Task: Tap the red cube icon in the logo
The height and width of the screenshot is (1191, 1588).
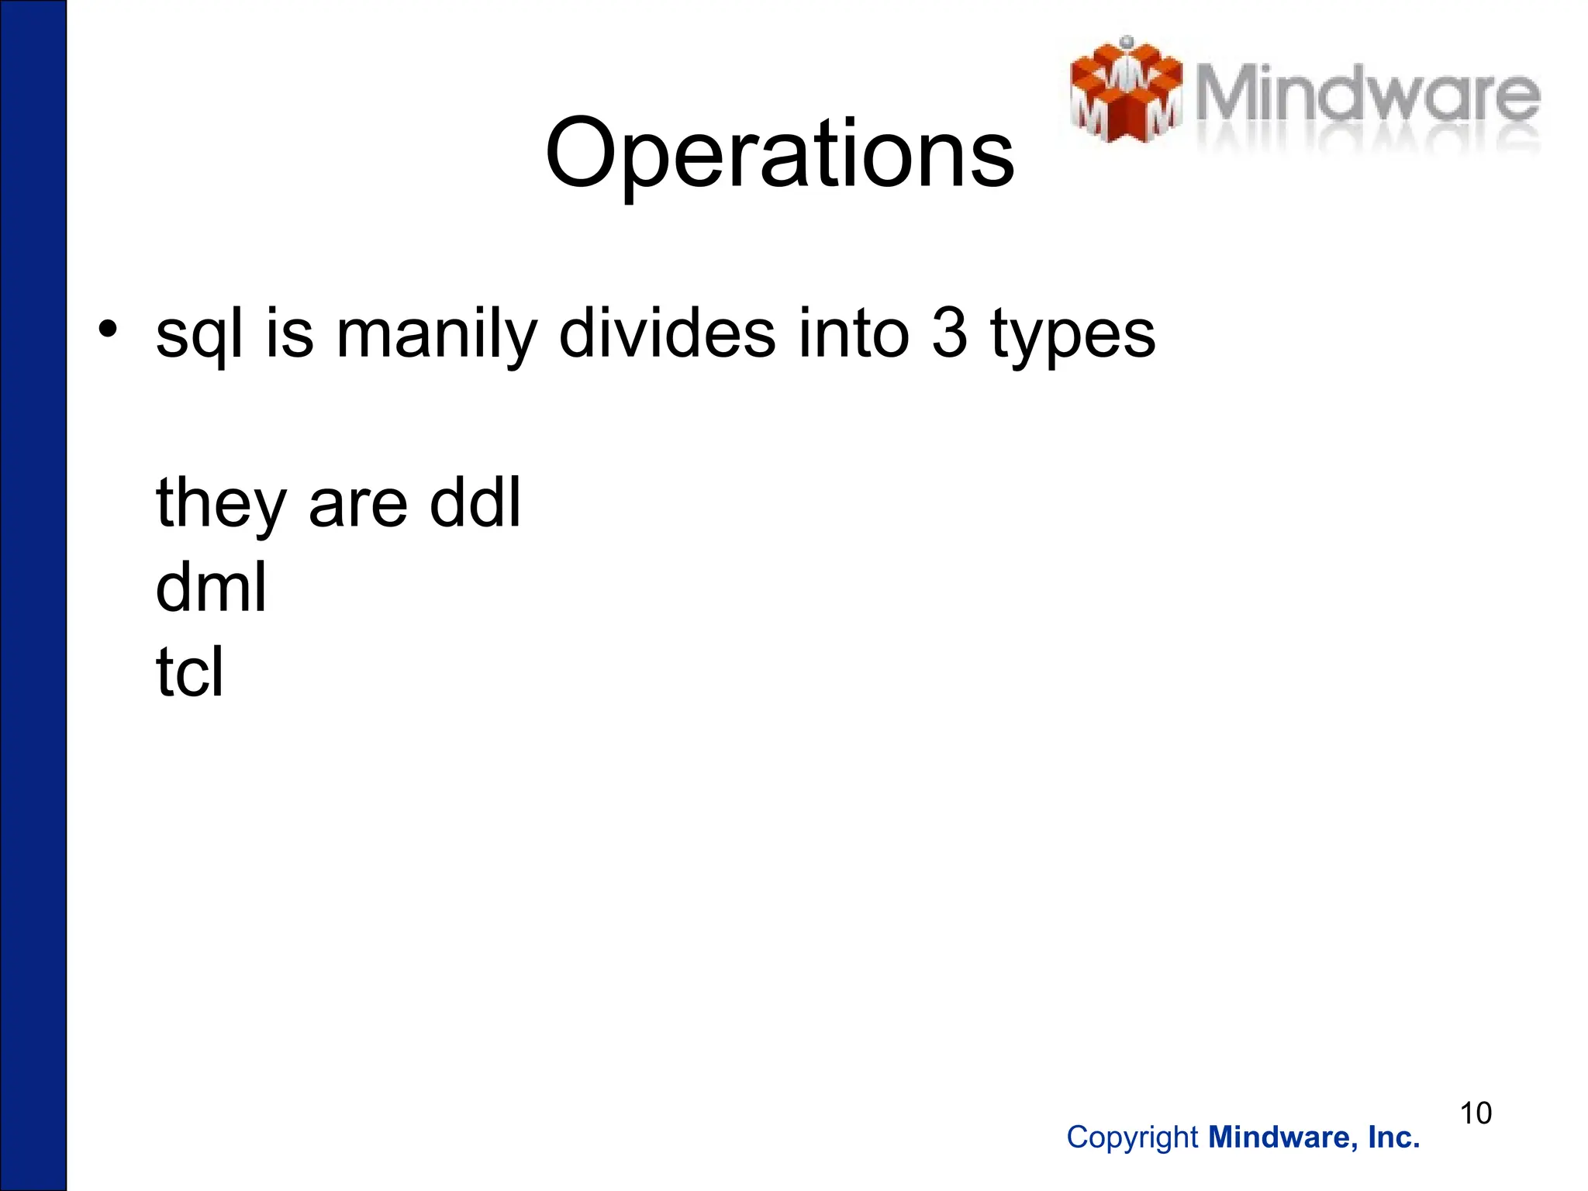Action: (x=1126, y=91)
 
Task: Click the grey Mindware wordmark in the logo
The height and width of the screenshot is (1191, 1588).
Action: (x=1366, y=97)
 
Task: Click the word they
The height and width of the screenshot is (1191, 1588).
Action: (x=221, y=504)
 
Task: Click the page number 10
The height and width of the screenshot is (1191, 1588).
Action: (x=1476, y=1113)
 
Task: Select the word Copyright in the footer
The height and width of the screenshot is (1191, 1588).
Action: (x=1132, y=1137)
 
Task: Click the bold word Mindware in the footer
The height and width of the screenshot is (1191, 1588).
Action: (x=1282, y=1137)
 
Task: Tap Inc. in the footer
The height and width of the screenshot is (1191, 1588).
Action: (x=1394, y=1137)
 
